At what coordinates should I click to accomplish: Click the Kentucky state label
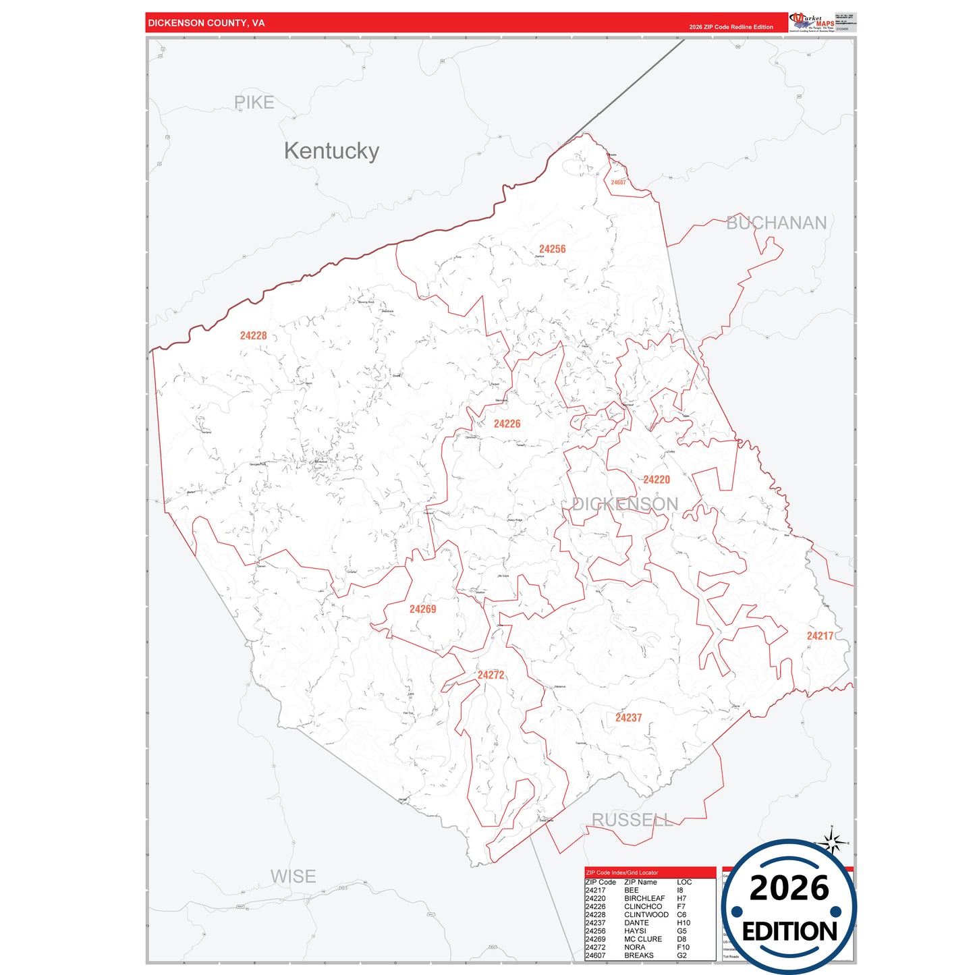point(331,151)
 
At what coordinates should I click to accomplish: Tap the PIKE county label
point(254,103)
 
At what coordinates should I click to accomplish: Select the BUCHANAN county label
point(776,223)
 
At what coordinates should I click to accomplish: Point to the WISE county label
point(293,876)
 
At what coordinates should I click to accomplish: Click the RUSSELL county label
point(632,820)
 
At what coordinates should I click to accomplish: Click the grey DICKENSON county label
point(625,504)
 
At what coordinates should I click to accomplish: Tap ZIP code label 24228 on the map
point(254,335)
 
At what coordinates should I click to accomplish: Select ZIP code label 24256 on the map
point(552,249)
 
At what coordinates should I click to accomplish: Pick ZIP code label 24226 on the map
point(507,424)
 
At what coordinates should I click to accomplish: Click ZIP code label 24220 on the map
point(656,480)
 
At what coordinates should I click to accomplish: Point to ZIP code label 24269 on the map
point(422,609)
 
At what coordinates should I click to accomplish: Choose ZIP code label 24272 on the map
point(491,675)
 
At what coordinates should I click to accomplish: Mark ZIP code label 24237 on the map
point(628,718)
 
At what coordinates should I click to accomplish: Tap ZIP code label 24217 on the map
point(820,636)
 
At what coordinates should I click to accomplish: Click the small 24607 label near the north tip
point(618,182)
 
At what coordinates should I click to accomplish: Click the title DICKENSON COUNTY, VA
point(206,23)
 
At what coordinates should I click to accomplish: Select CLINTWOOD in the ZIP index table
point(646,915)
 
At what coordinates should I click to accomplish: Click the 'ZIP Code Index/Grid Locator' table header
point(621,872)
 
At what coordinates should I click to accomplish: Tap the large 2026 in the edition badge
point(789,889)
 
